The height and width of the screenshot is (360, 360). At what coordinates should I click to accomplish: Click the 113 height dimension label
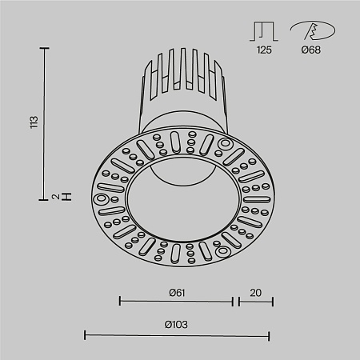pos(33,122)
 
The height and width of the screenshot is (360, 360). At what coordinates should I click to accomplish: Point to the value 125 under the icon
pos(264,50)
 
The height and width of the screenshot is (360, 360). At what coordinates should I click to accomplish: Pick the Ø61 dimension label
pos(177,292)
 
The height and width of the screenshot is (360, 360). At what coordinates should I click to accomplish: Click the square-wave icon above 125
pos(264,31)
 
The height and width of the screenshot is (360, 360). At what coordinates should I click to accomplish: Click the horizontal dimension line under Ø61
pos(176,302)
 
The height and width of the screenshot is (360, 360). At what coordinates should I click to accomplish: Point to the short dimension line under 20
pos(254,302)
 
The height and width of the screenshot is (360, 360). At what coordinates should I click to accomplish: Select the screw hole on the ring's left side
pos(102,198)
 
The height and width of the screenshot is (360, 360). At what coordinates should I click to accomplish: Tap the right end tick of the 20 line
pos(273,302)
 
